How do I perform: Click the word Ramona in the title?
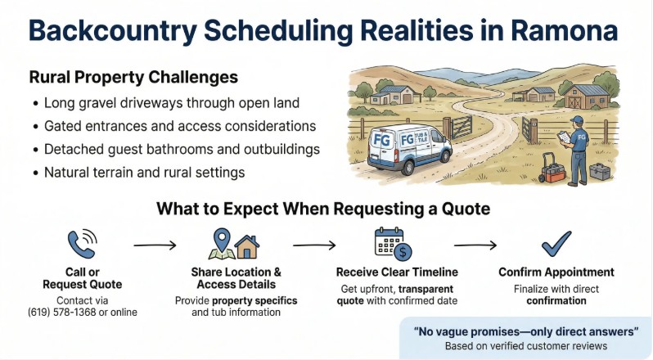[x=565, y=30]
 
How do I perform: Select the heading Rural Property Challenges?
[x=133, y=78]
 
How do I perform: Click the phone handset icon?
[x=82, y=244]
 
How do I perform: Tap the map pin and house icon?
[x=234, y=244]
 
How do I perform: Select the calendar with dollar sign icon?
[x=393, y=244]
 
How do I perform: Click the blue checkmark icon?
[x=556, y=244]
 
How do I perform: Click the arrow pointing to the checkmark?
[x=475, y=245]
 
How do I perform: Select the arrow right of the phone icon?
[x=155, y=245]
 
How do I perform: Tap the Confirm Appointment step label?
[x=556, y=272]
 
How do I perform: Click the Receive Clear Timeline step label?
[x=397, y=272]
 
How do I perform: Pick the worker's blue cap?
[x=577, y=119]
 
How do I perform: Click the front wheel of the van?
[x=408, y=167]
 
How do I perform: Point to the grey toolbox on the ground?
[x=600, y=171]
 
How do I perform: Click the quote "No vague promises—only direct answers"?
[x=526, y=331]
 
